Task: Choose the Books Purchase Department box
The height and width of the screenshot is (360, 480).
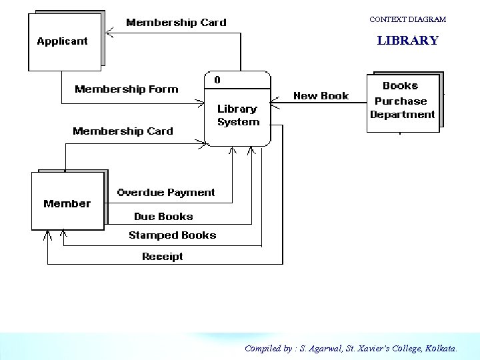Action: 403,102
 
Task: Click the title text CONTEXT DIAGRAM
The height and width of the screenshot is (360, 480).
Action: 407,20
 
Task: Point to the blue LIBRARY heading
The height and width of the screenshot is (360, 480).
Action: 407,41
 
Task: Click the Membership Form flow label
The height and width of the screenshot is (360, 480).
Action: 127,89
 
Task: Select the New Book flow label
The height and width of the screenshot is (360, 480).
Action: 321,96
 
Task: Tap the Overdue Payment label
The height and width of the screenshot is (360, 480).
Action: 166,193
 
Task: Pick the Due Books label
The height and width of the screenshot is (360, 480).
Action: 163,217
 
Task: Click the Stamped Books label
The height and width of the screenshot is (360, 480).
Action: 172,235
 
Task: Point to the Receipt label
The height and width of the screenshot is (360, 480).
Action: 162,257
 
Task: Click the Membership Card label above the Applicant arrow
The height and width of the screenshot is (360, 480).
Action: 176,23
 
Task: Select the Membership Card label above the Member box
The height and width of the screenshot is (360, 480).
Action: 123,131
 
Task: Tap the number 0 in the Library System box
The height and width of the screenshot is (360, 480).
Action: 217,80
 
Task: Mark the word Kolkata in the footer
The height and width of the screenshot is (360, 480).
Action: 440,348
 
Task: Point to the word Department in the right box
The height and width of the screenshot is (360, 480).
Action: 402,115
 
